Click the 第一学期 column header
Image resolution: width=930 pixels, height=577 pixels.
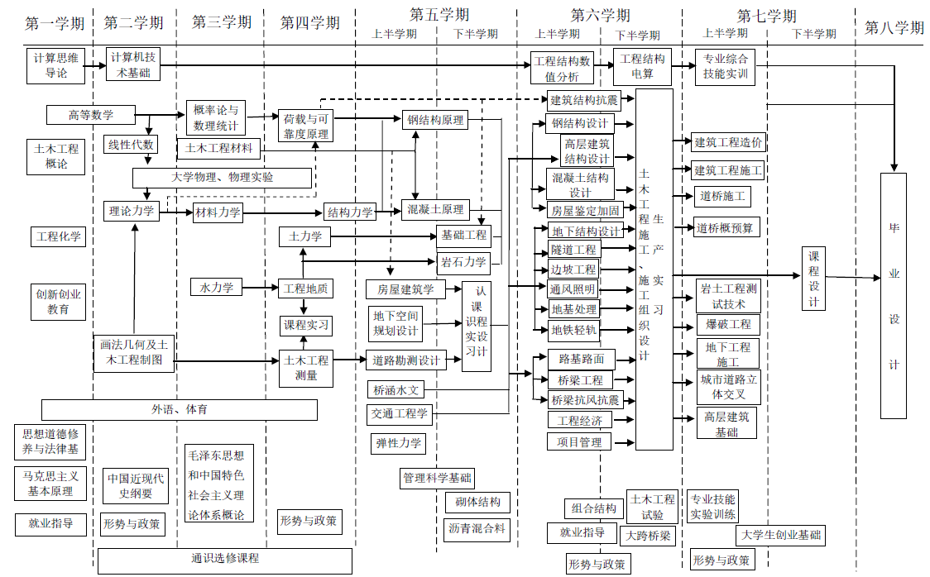click(55, 24)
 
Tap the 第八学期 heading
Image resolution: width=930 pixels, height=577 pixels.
click(894, 27)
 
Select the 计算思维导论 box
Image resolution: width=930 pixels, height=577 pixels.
click(57, 65)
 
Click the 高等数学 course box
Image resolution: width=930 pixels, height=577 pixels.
click(91, 115)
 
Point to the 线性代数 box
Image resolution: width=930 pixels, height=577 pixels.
click(131, 145)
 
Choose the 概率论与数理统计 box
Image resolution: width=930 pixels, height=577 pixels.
click(215, 118)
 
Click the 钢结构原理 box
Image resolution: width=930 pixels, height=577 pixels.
click(435, 120)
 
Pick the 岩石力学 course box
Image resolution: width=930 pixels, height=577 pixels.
click(463, 265)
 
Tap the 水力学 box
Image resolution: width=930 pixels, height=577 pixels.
click(217, 287)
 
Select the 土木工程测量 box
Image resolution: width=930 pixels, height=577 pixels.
click(307, 368)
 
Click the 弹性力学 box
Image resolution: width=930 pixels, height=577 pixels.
click(399, 444)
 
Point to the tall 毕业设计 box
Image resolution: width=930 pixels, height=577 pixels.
click(894, 295)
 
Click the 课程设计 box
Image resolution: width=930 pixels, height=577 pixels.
click(814, 279)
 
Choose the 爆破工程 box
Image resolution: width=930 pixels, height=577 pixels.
click(728, 324)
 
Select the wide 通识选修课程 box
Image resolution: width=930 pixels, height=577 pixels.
click(225, 559)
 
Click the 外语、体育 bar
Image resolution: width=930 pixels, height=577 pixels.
click(180, 409)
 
